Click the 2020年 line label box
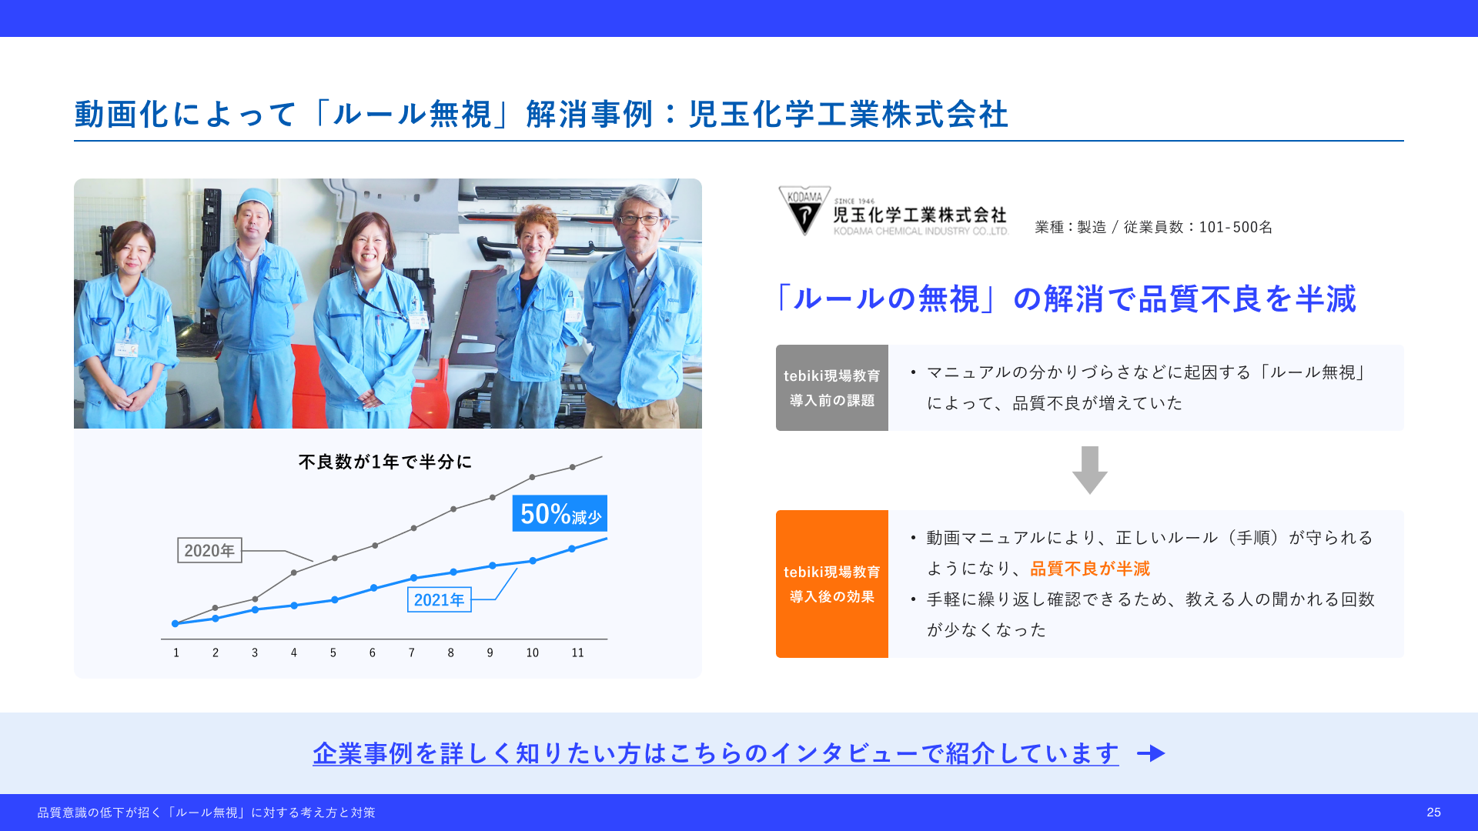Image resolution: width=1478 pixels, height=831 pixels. click(209, 550)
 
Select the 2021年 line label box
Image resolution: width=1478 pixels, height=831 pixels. click(439, 599)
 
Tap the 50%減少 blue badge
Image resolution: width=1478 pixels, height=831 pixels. click(560, 513)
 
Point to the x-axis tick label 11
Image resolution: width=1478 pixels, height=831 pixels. click(577, 652)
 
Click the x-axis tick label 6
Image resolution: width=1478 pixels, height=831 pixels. click(373, 652)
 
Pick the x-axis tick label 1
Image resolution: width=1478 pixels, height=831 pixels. click(176, 652)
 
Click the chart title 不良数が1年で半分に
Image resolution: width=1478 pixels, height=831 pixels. click(385, 462)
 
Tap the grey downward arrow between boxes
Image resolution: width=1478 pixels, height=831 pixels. click(1089, 469)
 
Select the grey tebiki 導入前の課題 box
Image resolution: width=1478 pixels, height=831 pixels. click(832, 388)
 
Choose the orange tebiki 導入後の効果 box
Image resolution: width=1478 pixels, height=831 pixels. click(832, 584)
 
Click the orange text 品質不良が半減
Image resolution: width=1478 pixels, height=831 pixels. click(1090, 569)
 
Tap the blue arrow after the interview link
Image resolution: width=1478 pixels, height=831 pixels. click(1152, 753)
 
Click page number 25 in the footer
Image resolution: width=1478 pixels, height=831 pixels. click(1433, 813)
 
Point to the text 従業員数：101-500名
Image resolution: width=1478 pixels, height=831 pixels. click(1198, 227)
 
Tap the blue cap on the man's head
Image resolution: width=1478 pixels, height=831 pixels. click(256, 199)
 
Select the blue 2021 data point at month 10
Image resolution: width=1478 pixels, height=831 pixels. click(533, 560)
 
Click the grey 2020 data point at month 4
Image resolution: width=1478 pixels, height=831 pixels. click(294, 572)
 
